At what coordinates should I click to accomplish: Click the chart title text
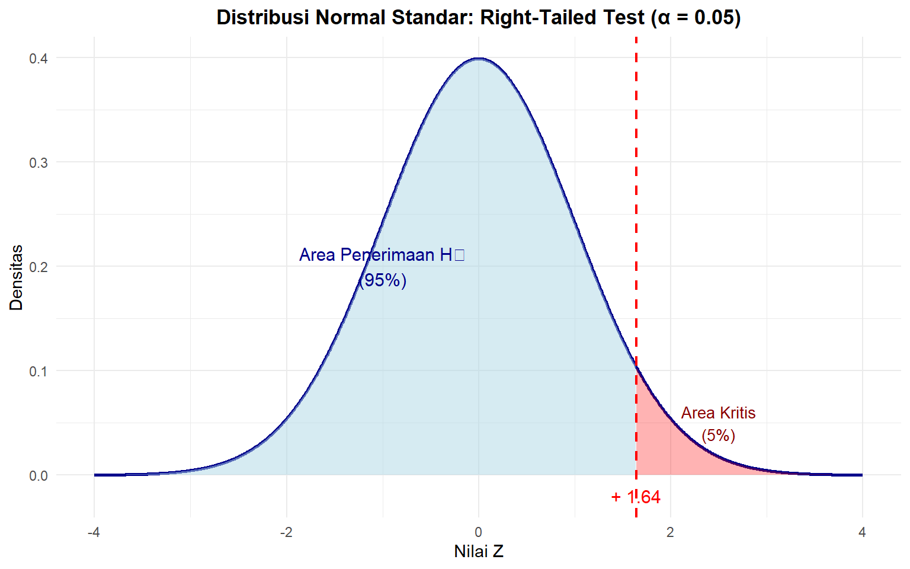478,17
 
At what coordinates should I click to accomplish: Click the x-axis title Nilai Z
478,551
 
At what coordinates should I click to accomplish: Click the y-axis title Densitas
16,277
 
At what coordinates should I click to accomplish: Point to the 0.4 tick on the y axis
39,58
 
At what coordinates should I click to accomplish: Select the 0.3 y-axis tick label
39,162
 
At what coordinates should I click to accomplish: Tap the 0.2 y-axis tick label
39,267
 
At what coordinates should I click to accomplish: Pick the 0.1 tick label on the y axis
39,371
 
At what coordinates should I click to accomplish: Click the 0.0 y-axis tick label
39,475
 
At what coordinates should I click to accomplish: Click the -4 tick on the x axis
94,532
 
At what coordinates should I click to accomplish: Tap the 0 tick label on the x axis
478,532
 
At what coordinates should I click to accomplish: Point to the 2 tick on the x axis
670,532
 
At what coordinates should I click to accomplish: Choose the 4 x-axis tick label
862,532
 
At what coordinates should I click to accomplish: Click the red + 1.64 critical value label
636,497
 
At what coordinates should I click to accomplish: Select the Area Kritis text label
718,413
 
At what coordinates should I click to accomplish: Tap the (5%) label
718,436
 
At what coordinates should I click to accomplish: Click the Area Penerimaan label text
382,255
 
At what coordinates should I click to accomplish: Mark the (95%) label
383,280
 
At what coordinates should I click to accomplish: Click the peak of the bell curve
478,59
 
